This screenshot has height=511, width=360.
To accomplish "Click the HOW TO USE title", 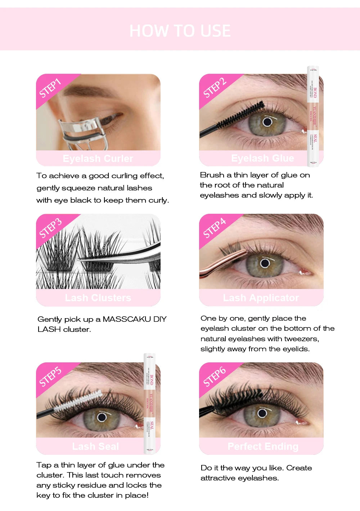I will point(180,31).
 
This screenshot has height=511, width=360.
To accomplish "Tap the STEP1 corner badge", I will point(50,88).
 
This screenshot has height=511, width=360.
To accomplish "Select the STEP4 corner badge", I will point(215,228).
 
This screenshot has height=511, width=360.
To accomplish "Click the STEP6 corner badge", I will point(215,376).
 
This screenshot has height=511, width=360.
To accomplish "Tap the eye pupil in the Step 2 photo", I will point(267,122).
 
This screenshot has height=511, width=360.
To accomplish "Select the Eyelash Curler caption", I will point(98,158).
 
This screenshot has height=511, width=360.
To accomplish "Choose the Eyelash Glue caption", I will point(262,158).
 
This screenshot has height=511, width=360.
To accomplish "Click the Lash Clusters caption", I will point(98,298).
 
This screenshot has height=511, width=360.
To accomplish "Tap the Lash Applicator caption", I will point(261,298).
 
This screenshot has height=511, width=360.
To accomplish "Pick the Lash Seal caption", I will point(95,447).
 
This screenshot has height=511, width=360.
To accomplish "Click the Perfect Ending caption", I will point(263,447).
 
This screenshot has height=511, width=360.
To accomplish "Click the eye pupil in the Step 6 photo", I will point(262,412).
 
